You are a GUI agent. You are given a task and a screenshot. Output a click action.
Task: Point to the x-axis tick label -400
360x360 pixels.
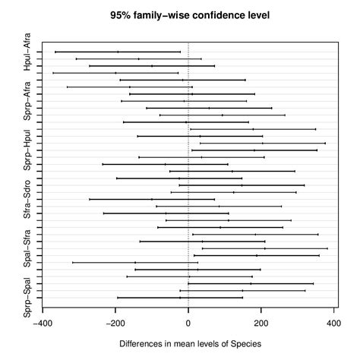click(43, 322)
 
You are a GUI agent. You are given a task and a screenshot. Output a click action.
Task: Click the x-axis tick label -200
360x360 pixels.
click(115, 322)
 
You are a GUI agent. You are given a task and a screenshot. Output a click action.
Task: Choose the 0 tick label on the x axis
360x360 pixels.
click(188, 322)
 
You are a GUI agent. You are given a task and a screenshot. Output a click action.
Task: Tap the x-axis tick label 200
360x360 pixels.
click(261, 322)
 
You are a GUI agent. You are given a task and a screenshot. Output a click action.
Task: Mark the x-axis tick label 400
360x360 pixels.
click(333, 322)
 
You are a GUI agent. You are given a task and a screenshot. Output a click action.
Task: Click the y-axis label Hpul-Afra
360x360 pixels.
click(27, 52)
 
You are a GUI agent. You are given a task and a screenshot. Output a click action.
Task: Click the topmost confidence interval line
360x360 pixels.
click(118, 52)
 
